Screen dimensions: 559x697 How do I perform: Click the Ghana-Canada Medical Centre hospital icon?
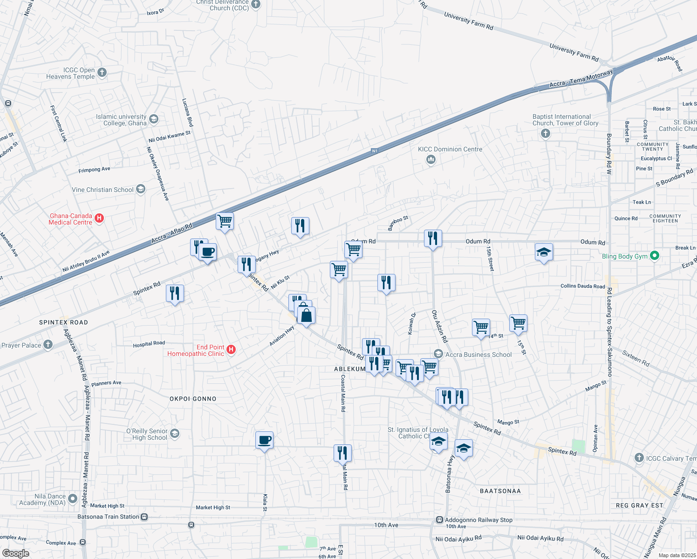click(99, 218)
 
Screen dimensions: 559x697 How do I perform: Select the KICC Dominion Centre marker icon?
click(431, 160)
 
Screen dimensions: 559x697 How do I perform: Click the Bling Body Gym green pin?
click(655, 256)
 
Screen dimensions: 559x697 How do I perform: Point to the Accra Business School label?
click(478, 354)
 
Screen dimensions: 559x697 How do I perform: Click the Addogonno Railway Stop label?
click(478, 520)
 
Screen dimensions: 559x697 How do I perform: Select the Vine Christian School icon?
click(141, 189)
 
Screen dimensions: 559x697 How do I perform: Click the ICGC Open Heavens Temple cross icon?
click(102, 72)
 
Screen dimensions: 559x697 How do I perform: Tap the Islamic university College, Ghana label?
click(121, 120)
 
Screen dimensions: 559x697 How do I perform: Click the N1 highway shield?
click(375, 151)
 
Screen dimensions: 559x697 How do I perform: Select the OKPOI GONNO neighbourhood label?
click(193, 399)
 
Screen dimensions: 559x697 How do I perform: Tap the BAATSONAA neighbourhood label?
click(500, 491)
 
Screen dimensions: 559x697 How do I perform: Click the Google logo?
click(15, 553)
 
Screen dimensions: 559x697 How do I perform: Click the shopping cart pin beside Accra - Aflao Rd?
click(225, 221)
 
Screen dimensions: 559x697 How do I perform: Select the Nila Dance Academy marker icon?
click(72, 499)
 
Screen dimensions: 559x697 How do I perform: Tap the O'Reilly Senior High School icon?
click(174, 434)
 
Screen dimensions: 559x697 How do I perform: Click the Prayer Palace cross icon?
click(48, 345)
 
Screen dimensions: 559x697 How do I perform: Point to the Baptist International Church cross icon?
click(546, 134)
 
